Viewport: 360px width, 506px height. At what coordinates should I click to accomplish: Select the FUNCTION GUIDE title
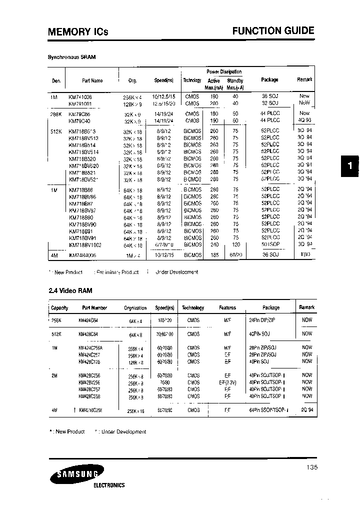tap(273, 30)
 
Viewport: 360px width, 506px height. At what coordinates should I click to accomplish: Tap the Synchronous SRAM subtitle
tap(71, 57)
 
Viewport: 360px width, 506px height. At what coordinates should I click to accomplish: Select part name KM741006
tap(80, 96)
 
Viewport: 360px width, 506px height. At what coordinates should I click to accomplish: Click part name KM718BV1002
tap(84, 245)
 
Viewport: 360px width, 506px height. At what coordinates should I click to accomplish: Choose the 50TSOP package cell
tap(270, 245)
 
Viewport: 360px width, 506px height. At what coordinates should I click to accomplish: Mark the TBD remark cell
tap(305, 255)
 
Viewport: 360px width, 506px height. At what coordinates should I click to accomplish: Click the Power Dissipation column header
tap(224, 72)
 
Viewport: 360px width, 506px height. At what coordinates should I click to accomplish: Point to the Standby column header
tap(235, 80)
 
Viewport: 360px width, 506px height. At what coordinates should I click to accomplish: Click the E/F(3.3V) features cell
tap(227, 381)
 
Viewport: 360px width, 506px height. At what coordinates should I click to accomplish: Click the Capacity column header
tap(59, 308)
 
